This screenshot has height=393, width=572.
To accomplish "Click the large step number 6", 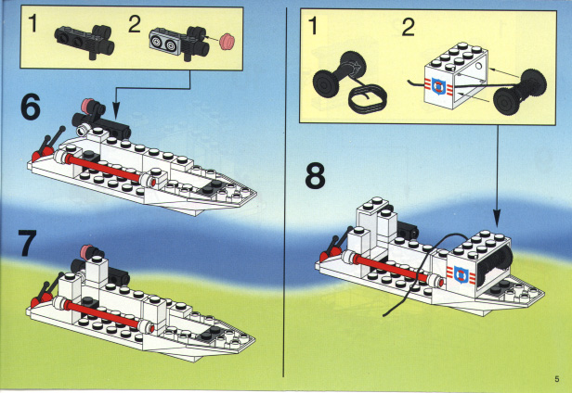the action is pyautogui.click(x=31, y=108).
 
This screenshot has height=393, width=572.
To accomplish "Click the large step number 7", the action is pyautogui.click(x=28, y=243).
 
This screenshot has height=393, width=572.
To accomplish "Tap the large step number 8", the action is pyautogui.click(x=315, y=176).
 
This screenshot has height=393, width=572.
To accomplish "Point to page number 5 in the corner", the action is pyautogui.click(x=557, y=379).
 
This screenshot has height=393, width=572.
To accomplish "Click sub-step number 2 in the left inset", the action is pyautogui.click(x=135, y=25).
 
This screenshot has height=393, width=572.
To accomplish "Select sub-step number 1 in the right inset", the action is pyautogui.click(x=312, y=26).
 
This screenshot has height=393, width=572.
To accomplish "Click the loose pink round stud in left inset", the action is pyautogui.click(x=227, y=41).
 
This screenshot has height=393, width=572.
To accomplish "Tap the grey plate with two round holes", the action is pyautogui.click(x=163, y=42).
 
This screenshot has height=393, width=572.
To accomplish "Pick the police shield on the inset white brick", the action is pyautogui.click(x=437, y=86).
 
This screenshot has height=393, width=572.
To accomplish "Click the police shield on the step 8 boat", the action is pyautogui.click(x=460, y=274).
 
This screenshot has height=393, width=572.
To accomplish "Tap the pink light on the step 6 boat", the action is pyautogui.click(x=88, y=105).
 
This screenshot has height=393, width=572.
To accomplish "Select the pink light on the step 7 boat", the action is pyautogui.click(x=88, y=251).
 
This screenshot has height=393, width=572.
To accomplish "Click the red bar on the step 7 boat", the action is pyautogui.click(x=103, y=314).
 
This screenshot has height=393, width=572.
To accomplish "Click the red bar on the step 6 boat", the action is pyautogui.click(x=104, y=169).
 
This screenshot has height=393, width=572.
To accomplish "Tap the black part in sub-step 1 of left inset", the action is pyautogui.click(x=84, y=42).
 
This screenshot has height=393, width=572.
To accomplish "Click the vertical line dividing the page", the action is pyautogui.click(x=284, y=192).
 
